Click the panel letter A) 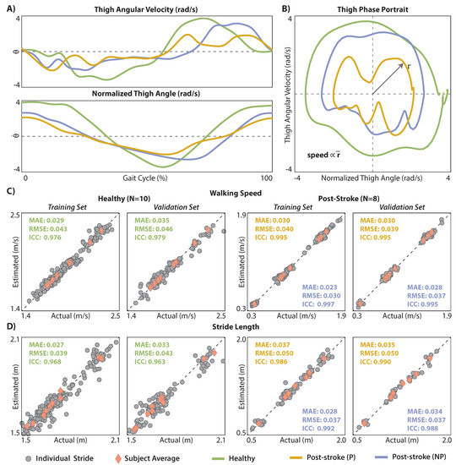pyautogui.click(x=9, y=6)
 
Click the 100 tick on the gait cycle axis pyautogui.click(x=267, y=179)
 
